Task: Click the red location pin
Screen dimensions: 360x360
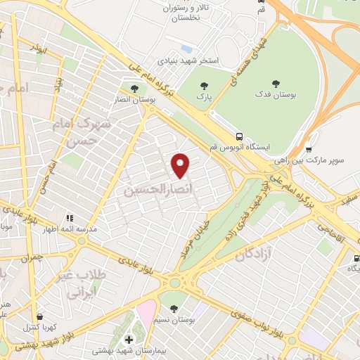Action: pos(181,165)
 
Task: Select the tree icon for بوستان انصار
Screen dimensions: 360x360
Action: pos(134,87)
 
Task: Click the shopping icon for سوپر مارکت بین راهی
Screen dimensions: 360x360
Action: pos(309,149)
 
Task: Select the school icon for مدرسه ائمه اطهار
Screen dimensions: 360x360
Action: pos(70,218)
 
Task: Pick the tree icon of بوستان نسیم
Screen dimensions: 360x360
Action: pos(173,308)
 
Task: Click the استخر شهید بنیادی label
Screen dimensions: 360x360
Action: pos(191,60)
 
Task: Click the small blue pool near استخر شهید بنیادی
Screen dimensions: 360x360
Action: pos(186,49)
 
